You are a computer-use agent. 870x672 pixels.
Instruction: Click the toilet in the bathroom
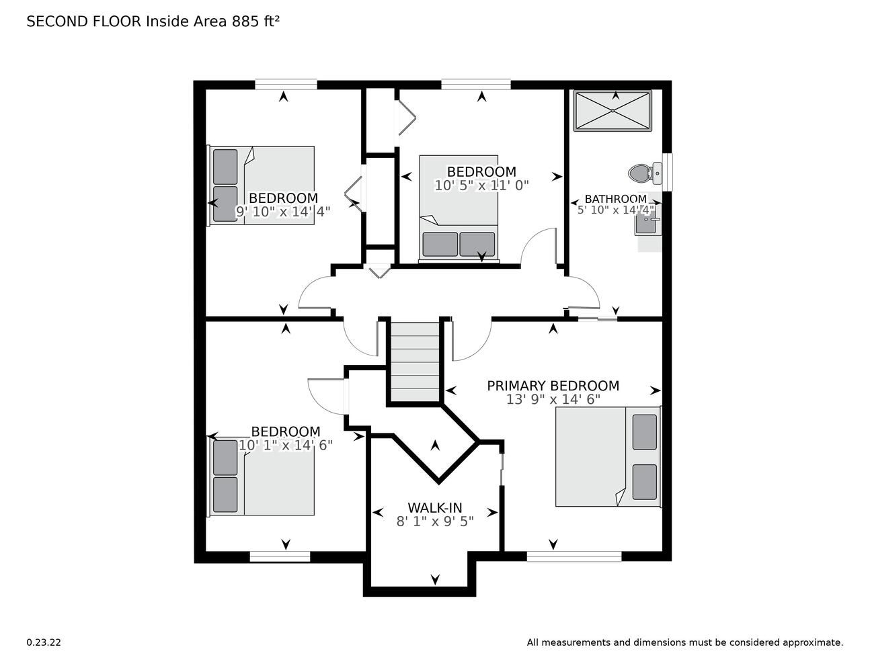(645, 173)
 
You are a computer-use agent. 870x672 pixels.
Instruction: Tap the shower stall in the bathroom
(612, 111)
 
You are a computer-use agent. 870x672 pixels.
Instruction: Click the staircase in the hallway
(416, 362)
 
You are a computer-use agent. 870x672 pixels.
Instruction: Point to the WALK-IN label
(435, 507)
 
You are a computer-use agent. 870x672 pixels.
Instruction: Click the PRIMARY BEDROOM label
(553, 386)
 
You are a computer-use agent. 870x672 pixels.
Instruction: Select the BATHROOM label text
(615, 199)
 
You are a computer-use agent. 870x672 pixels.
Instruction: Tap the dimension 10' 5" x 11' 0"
(481, 185)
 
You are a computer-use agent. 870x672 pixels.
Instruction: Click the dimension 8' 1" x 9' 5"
(435, 521)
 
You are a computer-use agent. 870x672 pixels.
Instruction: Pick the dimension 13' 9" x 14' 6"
(553, 399)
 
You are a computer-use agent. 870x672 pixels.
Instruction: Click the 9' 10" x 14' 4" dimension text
(283, 212)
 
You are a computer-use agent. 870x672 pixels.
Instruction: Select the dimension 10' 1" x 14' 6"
(286, 445)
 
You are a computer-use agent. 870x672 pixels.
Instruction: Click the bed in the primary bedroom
(608, 457)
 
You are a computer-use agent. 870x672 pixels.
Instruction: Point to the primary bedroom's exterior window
(574, 556)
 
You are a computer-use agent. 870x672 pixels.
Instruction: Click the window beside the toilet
(668, 172)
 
